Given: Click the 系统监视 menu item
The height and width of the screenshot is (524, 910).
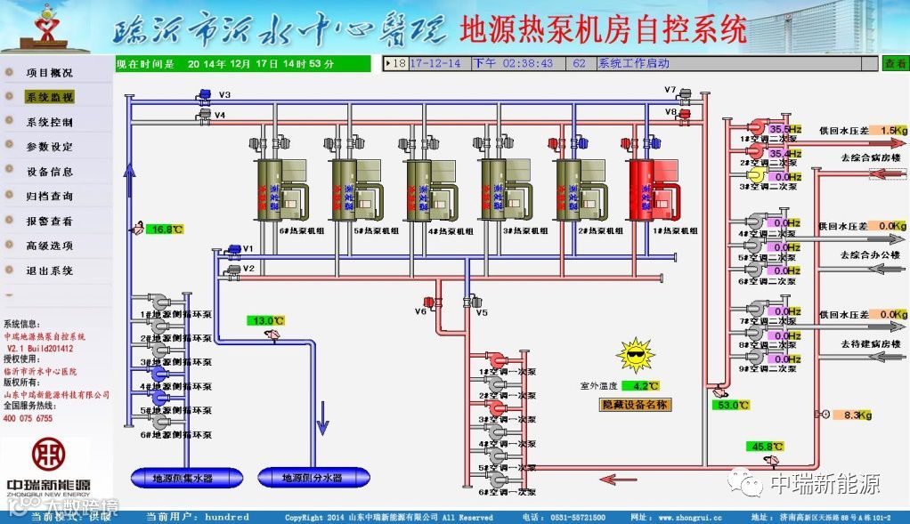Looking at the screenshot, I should click(x=50, y=97).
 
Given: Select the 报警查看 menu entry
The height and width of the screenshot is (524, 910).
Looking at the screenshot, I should click(x=50, y=221).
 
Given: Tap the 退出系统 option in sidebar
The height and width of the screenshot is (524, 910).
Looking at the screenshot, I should click(x=50, y=270).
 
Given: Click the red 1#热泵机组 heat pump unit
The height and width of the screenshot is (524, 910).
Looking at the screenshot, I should click(x=652, y=189).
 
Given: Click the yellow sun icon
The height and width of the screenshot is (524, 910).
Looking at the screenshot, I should click(x=635, y=356).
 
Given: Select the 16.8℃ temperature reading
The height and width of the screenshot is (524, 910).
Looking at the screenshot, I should click(x=165, y=230).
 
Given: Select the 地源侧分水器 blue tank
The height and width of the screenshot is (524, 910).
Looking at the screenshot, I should click(x=313, y=478).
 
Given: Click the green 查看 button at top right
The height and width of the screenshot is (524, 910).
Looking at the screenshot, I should click(x=894, y=63).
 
